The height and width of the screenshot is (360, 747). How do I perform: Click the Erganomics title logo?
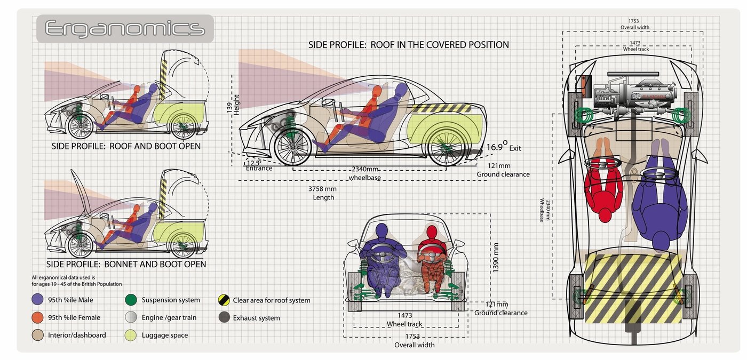(x=125, y=28)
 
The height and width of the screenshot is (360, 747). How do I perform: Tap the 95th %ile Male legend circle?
(x=37, y=300)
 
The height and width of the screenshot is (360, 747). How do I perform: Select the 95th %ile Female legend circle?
(x=37, y=317)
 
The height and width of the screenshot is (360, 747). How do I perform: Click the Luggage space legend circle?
(x=131, y=335)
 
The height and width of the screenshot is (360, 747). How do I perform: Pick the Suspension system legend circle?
(x=131, y=300)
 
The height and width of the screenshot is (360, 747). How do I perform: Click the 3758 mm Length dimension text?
(x=323, y=193)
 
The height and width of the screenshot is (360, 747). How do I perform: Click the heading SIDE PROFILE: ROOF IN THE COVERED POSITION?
(x=408, y=45)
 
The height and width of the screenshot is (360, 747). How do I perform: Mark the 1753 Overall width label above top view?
(x=634, y=24)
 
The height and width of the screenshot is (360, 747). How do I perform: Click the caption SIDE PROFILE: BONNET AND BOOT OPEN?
(x=126, y=264)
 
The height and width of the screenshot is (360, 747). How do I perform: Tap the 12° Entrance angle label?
(x=258, y=165)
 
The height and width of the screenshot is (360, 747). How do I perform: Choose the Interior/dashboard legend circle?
(x=37, y=335)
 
